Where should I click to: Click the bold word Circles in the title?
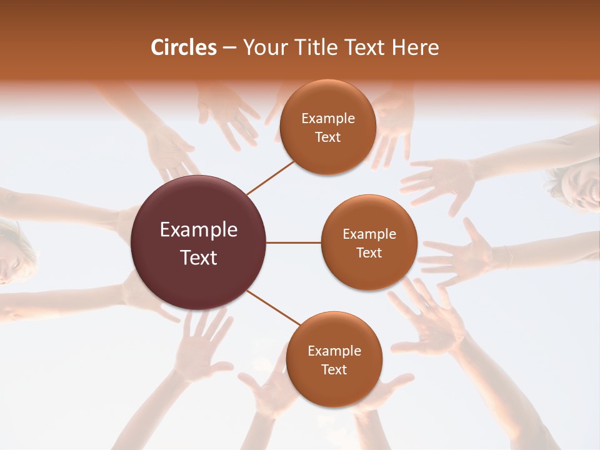pos(184,47)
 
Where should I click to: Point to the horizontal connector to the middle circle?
pos(294,242)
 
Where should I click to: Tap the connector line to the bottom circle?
pos(274,308)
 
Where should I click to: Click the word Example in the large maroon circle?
pos(199,230)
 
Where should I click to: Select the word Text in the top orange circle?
pos(328,137)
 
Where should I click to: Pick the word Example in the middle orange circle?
pos(369,234)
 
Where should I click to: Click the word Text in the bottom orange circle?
pos(334,369)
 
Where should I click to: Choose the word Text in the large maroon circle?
pos(199,257)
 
